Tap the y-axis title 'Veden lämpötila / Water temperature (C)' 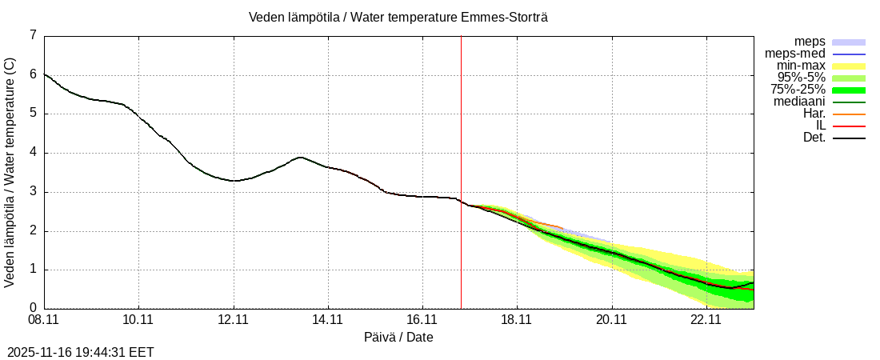click(10, 172)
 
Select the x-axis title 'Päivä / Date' click(398, 338)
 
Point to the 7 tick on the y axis click(33, 35)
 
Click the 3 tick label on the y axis click(33, 192)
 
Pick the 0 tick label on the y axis click(33, 308)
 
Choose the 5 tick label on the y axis click(33, 114)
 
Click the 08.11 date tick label click(45, 320)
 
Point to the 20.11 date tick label click(611, 320)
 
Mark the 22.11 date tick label click(706, 320)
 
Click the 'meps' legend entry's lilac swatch click(849, 42)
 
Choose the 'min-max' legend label click(801, 66)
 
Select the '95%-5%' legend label click(801, 78)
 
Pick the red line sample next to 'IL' click(849, 126)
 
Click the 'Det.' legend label click(814, 138)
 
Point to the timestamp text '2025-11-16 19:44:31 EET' click(81, 352)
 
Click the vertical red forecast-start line click(461, 160)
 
